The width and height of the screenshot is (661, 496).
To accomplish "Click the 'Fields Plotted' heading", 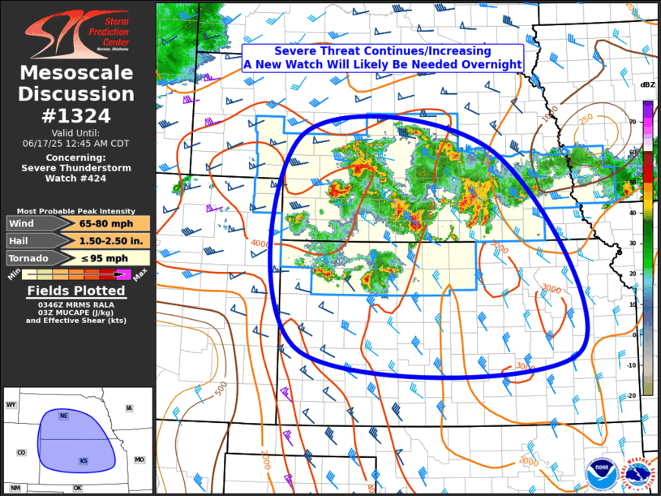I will [77, 291].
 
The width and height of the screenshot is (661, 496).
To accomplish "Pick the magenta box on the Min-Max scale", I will [123, 275].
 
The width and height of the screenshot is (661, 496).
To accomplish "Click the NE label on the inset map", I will [63, 416].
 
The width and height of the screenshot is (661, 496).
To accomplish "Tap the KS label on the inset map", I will [83, 461].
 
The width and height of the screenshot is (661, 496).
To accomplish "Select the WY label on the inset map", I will [11, 404].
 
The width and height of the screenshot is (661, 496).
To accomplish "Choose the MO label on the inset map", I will [139, 459].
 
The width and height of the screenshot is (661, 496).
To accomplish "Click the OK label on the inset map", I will [77, 488].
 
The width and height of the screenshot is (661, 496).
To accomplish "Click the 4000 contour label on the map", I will [260, 244].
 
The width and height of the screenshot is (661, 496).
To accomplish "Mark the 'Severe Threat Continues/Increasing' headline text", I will [382, 51].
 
